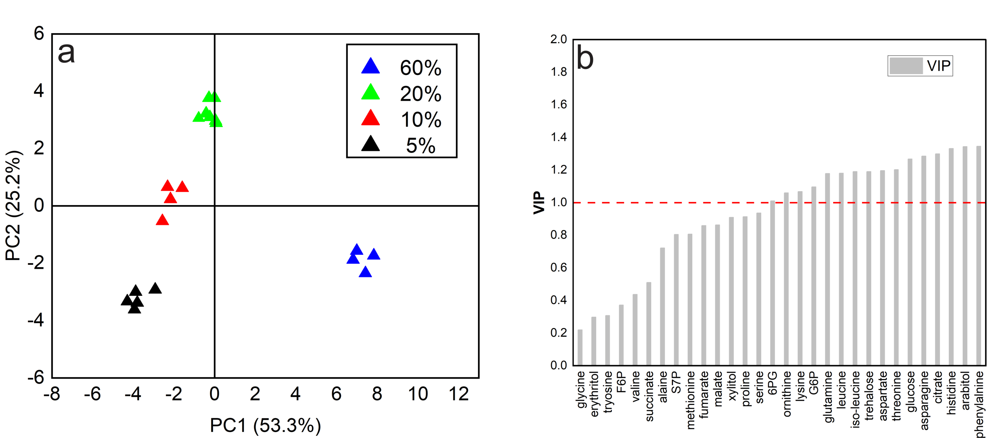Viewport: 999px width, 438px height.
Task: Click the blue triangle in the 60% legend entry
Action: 370,67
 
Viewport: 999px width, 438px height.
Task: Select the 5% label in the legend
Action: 420,146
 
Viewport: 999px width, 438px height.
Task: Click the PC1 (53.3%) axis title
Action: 265,425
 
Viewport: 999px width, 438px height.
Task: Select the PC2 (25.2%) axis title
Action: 13,205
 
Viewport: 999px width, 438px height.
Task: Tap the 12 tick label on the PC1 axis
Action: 458,394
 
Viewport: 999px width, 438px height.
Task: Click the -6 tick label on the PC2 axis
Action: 36,377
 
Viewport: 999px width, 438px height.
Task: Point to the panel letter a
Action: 66,53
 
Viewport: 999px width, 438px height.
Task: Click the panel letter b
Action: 585,58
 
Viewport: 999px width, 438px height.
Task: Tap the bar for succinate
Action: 648,324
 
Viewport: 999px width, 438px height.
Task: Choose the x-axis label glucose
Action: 910,392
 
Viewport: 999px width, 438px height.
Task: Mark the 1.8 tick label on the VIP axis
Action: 559,72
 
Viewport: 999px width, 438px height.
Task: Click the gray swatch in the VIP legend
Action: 906,66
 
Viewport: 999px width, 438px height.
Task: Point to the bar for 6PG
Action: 772,283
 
